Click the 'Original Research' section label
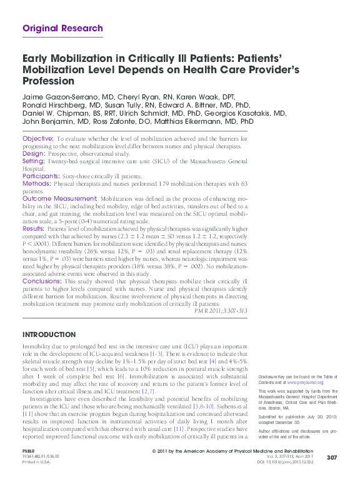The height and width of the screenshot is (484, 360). click(62, 28)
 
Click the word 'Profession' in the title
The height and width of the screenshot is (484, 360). click(48, 81)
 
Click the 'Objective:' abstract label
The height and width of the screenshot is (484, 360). click(37, 138)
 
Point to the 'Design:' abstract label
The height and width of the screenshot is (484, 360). click(34, 153)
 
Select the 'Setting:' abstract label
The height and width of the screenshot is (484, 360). click(34, 161)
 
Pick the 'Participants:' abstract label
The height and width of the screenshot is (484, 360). click(41, 177)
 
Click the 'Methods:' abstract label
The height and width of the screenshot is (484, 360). click(36, 184)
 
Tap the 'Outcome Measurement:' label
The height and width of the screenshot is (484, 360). click(59, 198)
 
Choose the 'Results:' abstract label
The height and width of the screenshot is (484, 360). click(34, 229)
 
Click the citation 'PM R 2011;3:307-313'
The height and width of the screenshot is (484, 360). click(221, 310)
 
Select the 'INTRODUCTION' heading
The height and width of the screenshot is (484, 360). click(49, 335)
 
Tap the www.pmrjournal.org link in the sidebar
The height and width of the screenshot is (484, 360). click(305, 382)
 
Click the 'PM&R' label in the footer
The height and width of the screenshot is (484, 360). click(29, 450)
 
